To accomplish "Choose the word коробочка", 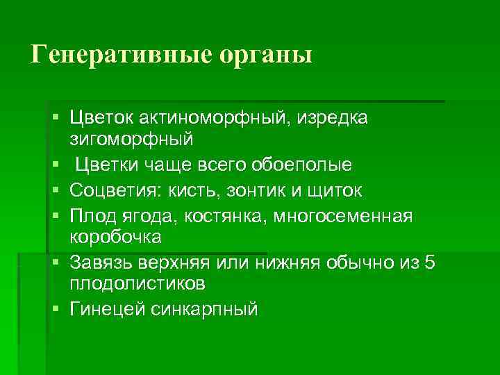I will [x=115, y=237].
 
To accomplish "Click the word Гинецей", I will [x=106, y=309].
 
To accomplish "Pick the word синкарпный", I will [x=204, y=309].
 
